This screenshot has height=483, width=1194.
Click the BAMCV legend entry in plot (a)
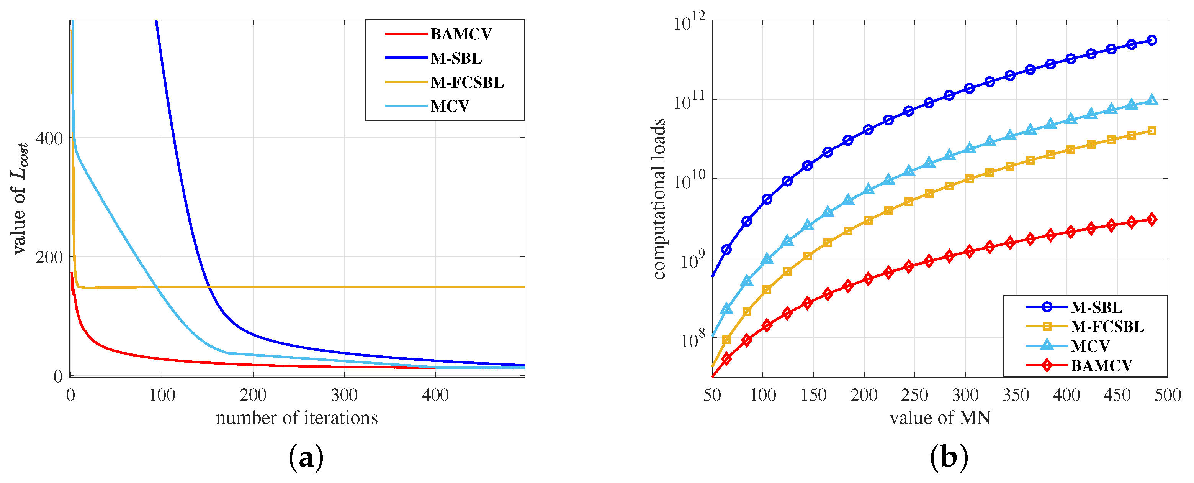(x=461, y=34)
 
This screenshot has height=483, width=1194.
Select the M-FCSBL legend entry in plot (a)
(x=467, y=82)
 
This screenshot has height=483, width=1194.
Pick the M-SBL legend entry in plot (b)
(x=1096, y=307)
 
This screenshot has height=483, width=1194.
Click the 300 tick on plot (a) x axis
(x=344, y=395)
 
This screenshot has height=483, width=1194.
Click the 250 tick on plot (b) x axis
(x=914, y=395)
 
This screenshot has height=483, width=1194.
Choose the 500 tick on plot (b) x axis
(x=1168, y=395)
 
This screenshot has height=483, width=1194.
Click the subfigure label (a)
(x=306, y=457)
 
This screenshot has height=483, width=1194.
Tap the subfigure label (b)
(x=949, y=457)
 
